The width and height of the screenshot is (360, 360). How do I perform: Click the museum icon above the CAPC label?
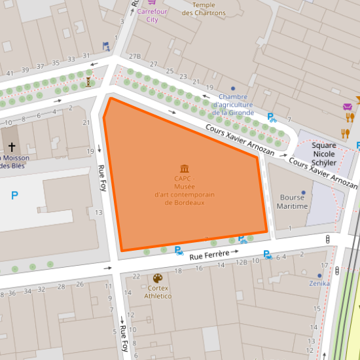point(185,169)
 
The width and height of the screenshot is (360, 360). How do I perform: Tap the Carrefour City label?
point(152,16)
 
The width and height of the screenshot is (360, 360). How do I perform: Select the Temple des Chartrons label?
point(204,9)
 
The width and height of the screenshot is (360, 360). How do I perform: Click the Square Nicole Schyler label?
point(324,154)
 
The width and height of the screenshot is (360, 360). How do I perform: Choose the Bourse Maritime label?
point(293,202)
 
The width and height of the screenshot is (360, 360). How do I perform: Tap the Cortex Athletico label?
point(158,292)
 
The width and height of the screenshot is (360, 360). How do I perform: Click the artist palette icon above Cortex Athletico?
point(158,278)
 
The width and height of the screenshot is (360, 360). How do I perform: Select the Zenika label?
point(320,283)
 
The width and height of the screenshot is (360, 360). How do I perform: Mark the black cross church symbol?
point(11,148)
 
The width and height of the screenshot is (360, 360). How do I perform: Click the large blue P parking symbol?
point(14,195)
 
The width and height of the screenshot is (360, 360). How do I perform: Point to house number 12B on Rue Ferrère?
point(242,262)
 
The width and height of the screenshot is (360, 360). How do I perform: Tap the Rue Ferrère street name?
point(209,255)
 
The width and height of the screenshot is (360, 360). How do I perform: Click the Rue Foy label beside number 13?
point(103,177)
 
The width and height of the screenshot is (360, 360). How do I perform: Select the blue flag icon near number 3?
point(105,46)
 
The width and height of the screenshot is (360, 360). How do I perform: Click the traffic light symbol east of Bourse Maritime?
point(327,240)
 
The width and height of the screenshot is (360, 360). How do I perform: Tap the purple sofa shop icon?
point(347,107)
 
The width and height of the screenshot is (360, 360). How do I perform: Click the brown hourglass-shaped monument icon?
point(89,81)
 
